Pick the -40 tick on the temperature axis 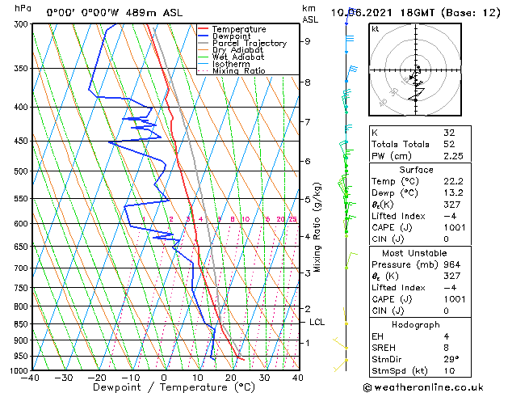tap(31, 378)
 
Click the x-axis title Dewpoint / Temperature tap(163, 388)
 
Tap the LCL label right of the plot tap(317, 322)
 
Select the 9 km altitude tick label tap(308, 41)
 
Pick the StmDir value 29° tap(450, 360)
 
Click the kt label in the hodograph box tap(376, 29)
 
